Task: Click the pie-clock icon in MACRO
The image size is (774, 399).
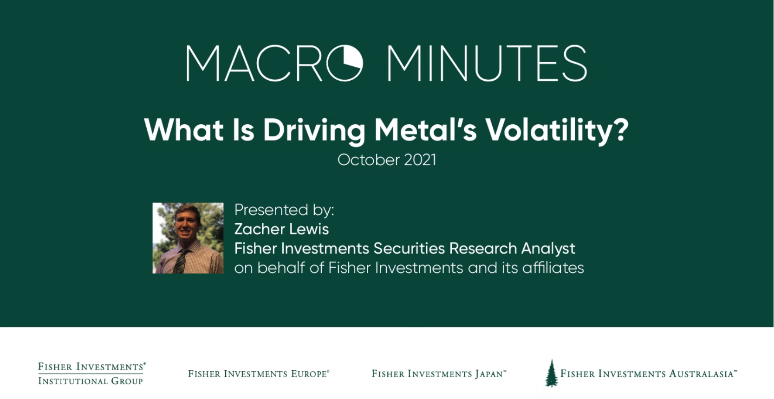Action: pos(345,63)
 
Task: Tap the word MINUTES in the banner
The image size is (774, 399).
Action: pos(487,63)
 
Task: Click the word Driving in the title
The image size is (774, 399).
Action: pos(314,130)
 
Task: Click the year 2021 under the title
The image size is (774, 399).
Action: pos(420,160)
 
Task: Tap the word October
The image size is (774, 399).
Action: pos(369,160)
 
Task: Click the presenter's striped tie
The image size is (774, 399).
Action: pos(180,261)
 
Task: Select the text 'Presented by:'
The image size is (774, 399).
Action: pos(284,210)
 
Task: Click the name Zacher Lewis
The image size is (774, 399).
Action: pos(282,229)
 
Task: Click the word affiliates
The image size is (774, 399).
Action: pos(553,268)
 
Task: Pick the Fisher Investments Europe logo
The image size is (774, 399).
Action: pos(259,374)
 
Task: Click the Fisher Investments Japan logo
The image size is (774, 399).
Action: pos(439,374)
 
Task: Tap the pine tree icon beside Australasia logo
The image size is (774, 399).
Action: pos(552,373)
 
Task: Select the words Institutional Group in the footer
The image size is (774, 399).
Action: pos(91,381)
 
